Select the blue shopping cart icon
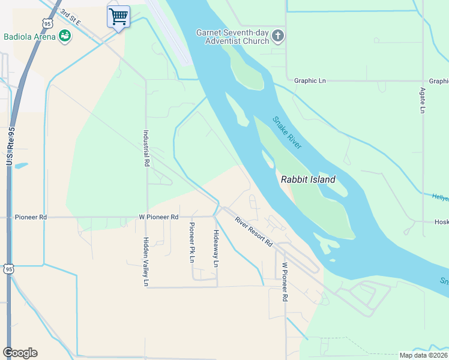click(x=118, y=17)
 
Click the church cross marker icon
click(x=277, y=36)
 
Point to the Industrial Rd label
click(x=146, y=148)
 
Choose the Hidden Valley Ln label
click(x=146, y=261)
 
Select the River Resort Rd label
click(x=253, y=232)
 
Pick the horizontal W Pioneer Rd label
click(x=158, y=217)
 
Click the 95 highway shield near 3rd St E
click(x=47, y=23)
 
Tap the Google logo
click(x=20, y=353)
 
